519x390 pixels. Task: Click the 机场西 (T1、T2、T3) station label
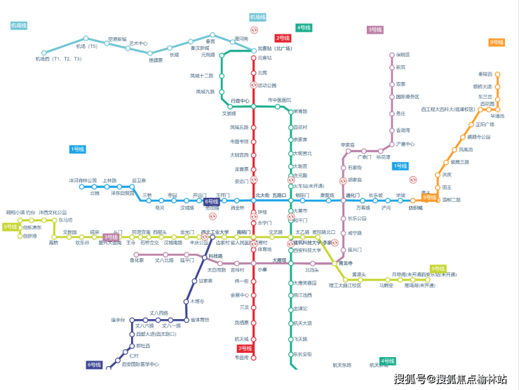(x=53, y=59)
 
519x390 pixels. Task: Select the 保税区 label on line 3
(x=403, y=54)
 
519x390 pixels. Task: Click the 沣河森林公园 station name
(x=83, y=180)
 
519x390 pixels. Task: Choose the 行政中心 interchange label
(x=240, y=100)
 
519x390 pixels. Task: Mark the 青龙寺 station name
(x=336, y=263)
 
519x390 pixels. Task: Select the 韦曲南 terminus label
(x=241, y=358)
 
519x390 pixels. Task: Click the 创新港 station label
(x=29, y=236)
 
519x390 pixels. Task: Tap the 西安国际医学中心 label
(x=140, y=364)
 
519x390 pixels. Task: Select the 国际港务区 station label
(x=407, y=97)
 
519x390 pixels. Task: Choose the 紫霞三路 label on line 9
(x=459, y=161)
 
